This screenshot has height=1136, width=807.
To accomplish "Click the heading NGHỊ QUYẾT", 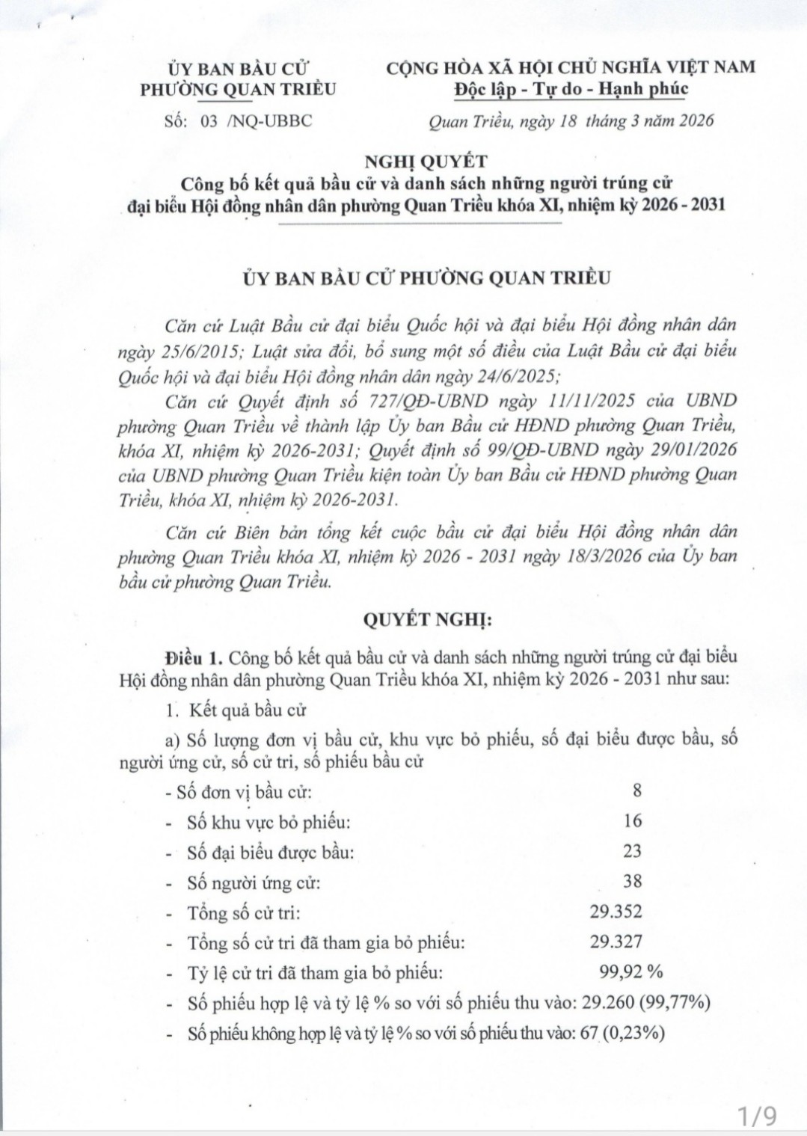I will pos(426,161).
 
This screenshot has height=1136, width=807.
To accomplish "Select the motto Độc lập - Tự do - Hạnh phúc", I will pos(571,89).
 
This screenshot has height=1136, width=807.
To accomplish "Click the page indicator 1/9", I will pos(756,1117).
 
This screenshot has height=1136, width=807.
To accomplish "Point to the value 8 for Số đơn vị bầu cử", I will pos(636,790).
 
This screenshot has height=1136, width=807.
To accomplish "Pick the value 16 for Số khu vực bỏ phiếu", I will pos(632,821).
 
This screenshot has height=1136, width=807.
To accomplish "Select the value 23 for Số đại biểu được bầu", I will pos(632,851).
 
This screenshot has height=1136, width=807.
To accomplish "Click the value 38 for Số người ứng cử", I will pos(632,881).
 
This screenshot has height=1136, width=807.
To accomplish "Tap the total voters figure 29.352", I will pos(616,912).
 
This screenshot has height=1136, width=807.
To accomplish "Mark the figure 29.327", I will pos(616,942).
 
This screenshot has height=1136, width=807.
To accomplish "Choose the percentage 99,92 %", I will pos(631,972).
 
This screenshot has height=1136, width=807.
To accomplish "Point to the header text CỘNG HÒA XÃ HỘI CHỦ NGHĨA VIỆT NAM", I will pos(571,67).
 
